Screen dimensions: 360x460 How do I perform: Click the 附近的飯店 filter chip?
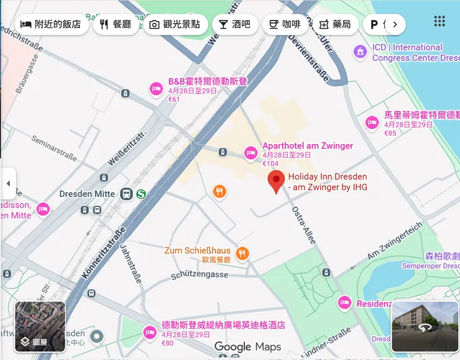tap(51, 24)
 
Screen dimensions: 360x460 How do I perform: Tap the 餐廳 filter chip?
tap(116, 24)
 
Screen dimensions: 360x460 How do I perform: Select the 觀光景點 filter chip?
tap(175, 24)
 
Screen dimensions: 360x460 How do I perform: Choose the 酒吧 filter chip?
tap(234, 24)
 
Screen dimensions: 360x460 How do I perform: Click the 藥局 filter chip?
tap(335, 24)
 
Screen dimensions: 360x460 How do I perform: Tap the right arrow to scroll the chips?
tap(395, 24)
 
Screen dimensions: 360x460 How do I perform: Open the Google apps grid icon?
tap(439, 21)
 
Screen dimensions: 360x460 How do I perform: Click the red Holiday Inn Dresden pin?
tap(277, 182)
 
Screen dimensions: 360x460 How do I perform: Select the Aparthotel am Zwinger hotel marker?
tap(251, 152)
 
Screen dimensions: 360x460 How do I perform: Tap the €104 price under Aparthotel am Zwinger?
tap(270, 164)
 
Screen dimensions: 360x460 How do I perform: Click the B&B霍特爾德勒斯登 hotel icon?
tap(156, 89)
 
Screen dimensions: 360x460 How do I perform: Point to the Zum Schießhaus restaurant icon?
tap(242, 253)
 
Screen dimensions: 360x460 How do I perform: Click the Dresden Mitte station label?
tap(87, 194)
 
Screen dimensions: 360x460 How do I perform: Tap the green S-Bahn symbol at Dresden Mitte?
tap(141, 194)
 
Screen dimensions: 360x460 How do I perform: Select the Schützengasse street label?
tap(199, 274)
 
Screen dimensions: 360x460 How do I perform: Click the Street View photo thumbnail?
tap(425, 326)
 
